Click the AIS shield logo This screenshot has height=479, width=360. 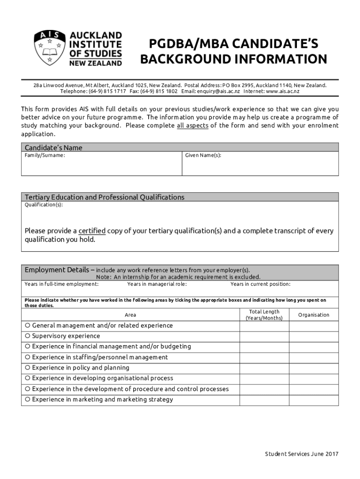click(48, 49)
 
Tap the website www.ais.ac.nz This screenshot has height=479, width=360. click(282, 92)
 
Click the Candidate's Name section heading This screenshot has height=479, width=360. click(53, 147)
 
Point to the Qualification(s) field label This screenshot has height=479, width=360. click(43, 205)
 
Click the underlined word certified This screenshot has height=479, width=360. click(92, 231)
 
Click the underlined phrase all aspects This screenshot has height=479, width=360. click(193, 126)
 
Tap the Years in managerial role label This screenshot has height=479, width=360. click(157, 284)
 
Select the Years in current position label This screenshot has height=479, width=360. click(260, 284)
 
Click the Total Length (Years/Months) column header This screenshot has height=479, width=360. click(264, 315)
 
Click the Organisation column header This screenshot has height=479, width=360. click(314, 315)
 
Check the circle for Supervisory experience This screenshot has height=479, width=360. click(28, 336)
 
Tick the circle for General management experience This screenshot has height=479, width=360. click(28, 326)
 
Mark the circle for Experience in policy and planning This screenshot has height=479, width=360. click(28, 368)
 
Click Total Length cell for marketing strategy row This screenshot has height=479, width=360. click(264, 399)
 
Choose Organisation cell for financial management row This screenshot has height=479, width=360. click(314, 347)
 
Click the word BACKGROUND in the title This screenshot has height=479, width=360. click(178, 60)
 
